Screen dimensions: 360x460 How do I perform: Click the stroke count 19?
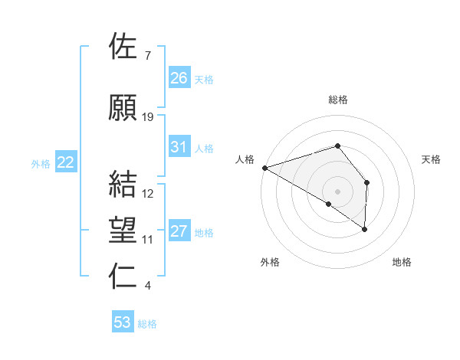pyautogui.click(x=148, y=117)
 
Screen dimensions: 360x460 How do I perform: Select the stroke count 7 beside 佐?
pyautogui.click(x=147, y=56)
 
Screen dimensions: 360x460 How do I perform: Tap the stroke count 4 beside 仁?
pyautogui.click(x=147, y=286)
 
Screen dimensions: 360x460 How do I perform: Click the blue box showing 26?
pyautogui.click(x=179, y=78)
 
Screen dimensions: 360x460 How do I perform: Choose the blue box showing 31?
pyautogui.click(x=179, y=147)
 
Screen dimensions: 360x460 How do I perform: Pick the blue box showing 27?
pyautogui.click(x=179, y=231)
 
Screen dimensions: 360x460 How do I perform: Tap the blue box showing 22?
pyautogui.click(x=66, y=162)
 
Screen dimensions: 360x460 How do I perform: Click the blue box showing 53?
pyautogui.click(x=123, y=322)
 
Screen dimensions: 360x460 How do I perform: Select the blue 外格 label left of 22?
pyautogui.click(x=41, y=163)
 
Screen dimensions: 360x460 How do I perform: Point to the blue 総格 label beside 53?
pyautogui.click(x=147, y=324)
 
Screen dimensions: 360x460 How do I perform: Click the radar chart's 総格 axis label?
pyautogui.click(x=337, y=100)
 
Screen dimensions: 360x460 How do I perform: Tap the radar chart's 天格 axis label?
pyautogui.click(x=431, y=159)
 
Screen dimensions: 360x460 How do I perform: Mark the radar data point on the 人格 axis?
pyautogui.click(x=264, y=167)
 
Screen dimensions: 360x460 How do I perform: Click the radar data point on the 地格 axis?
pyautogui.click(x=365, y=228)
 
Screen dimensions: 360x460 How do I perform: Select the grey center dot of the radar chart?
pyautogui.click(x=337, y=191)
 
